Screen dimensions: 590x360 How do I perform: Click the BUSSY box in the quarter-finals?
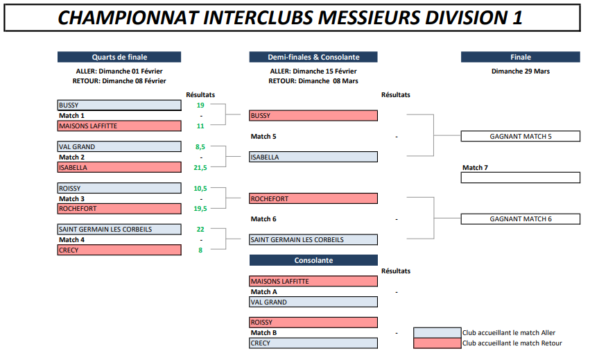pyautogui.click(x=119, y=105)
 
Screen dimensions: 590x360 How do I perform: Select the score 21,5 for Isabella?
pyautogui.click(x=200, y=168)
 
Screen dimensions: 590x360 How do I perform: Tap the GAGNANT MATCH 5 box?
pyautogui.click(x=521, y=137)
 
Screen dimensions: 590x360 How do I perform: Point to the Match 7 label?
pyautogui.click(x=475, y=168)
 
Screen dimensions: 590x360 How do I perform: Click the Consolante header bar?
pyautogui.click(x=313, y=260)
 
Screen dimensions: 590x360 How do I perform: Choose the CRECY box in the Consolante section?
pyautogui.click(x=313, y=343)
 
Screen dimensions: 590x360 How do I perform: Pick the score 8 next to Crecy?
pyautogui.click(x=200, y=250)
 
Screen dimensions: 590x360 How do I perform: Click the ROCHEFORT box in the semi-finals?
pyautogui.click(x=313, y=198)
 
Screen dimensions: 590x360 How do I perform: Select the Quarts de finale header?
pyautogui.click(x=119, y=57)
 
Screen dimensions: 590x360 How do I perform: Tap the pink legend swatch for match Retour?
pyautogui.click(x=437, y=343)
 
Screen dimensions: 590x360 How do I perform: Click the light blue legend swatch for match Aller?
pyautogui.click(x=437, y=332)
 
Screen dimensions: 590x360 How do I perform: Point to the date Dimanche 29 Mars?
pyautogui.click(x=521, y=71)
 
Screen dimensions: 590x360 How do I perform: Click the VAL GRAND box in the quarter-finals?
pyautogui.click(x=119, y=146)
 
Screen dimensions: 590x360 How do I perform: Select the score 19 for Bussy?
pyautogui.click(x=200, y=105)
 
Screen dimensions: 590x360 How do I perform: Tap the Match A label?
pyautogui.click(x=263, y=292)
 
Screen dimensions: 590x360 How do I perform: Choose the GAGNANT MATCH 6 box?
pyautogui.click(x=521, y=218)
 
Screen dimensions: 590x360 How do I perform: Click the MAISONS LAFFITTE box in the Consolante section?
pyautogui.click(x=313, y=282)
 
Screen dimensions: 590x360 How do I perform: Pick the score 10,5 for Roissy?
pyautogui.click(x=200, y=188)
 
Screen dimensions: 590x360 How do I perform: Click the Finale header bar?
pyautogui.click(x=521, y=57)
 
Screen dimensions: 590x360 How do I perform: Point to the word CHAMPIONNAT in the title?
pyautogui.click(x=128, y=18)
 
